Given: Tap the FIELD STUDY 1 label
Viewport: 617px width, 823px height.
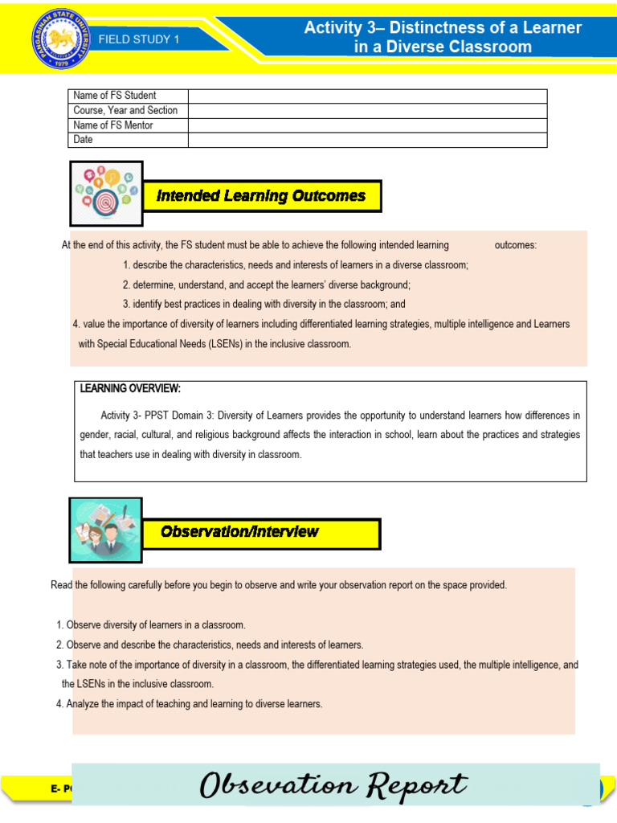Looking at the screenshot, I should pyautogui.click(x=139, y=39).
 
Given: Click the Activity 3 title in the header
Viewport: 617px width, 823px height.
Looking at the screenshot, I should pyautogui.click(x=443, y=37).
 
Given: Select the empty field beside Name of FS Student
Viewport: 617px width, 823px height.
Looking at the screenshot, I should pyautogui.click(x=367, y=96).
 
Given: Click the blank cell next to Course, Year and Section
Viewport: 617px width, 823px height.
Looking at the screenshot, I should pyautogui.click(x=367, y=110).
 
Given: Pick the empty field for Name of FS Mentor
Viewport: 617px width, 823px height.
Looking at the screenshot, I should pyautogui.click(x=367, y=125).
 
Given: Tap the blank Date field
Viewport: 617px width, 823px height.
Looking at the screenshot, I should pyautogui.click(x=367, y=140).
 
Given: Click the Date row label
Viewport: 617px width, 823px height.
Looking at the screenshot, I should pyautogui.click(x=84, y=140).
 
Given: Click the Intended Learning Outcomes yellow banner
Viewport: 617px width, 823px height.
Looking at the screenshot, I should pyautogui.click(x=261, y=196).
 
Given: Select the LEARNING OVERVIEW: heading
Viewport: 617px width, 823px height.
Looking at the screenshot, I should pyautogui.click(x=130, y=389).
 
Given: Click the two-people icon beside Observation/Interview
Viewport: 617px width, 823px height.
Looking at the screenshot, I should pyautogui.click(x=106, y=530).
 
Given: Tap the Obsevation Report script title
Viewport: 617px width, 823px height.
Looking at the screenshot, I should pyautogui.click(x=333, y=785).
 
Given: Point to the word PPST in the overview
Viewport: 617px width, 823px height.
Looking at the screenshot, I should pyautogui.click(x=157, y=416).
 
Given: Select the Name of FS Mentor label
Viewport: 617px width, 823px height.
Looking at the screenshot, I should pyautogui.click(x=113, y=125).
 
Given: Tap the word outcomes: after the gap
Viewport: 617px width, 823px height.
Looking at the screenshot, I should pyautogui.click(x=515, y=245).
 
